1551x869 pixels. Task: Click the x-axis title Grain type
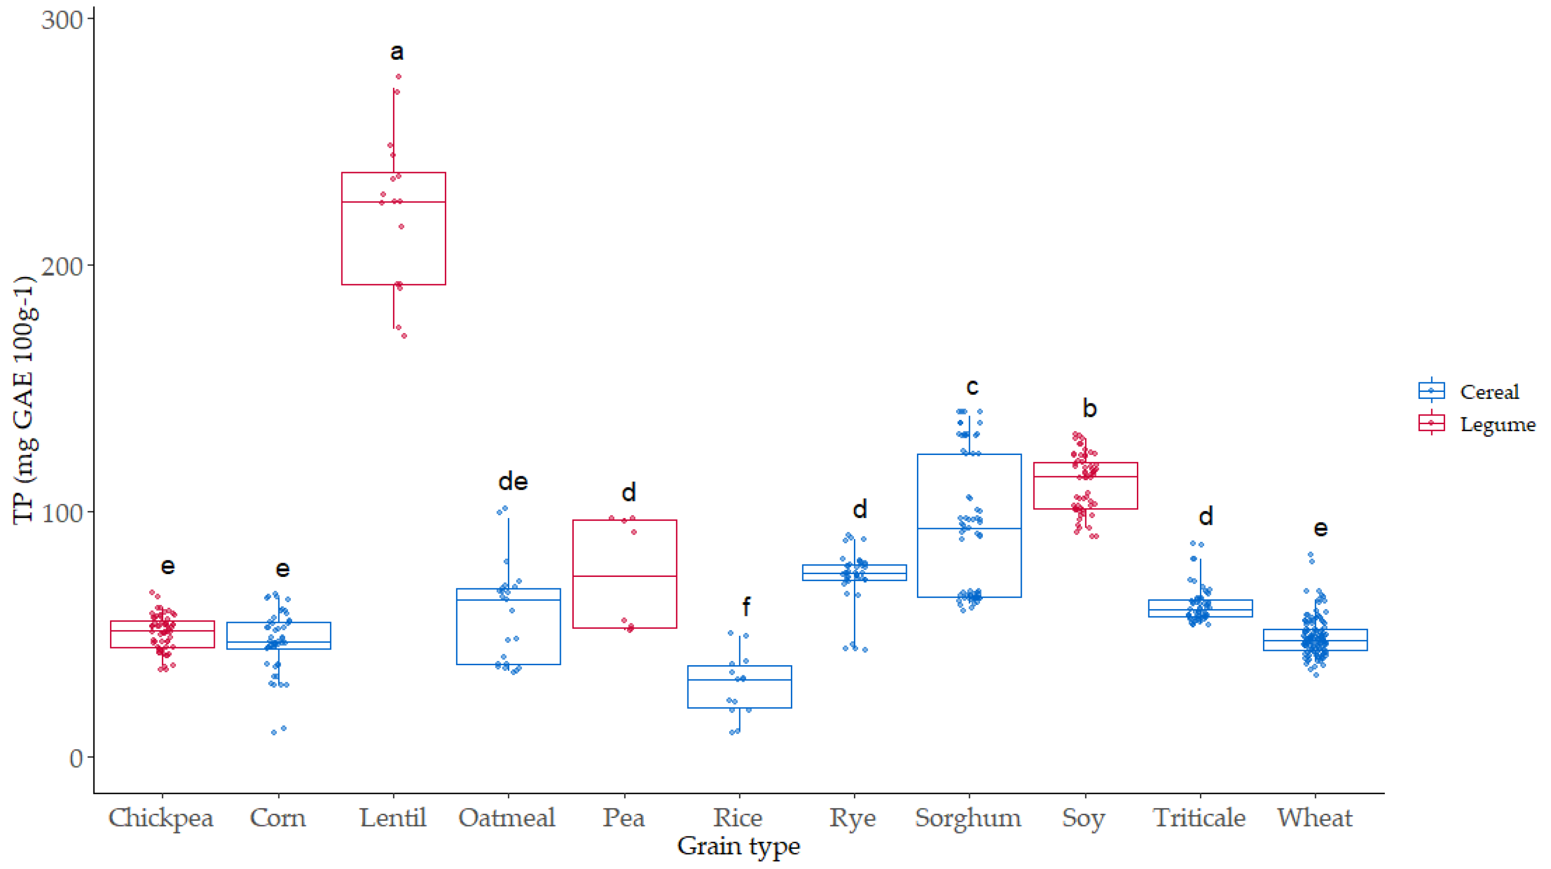(x=739, y=846)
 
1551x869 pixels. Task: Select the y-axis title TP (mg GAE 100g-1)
(x=25, y=400)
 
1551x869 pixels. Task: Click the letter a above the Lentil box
(x=397, y=52)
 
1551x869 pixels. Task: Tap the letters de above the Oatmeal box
(x=513, y=482)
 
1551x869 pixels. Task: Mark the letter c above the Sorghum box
(x=972, y=386)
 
